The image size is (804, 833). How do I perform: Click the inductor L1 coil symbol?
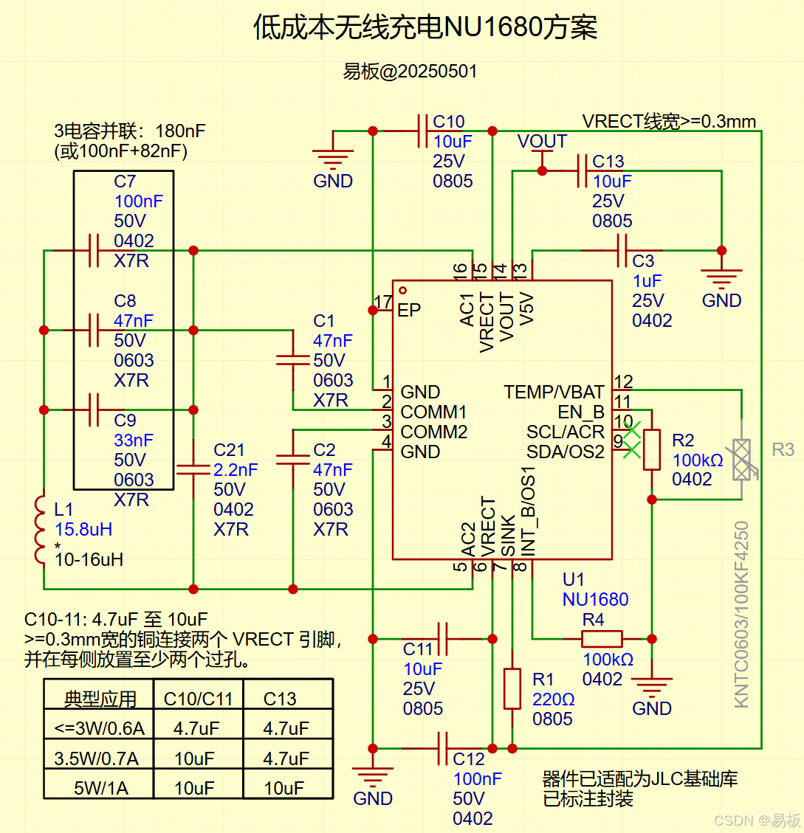pos(41,530)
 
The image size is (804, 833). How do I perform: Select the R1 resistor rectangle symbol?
pos(512,688)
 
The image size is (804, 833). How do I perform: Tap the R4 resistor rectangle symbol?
pos(602,639)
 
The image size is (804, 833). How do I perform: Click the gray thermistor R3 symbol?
pos(741,460)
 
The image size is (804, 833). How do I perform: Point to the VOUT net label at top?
pos(542,142)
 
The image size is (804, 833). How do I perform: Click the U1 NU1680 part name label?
pos(595,599)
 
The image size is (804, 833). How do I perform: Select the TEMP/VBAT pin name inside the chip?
pos(554,392)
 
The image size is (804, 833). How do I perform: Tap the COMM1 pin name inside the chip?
pos(433,412)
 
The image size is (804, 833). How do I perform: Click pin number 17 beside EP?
pos(383,303)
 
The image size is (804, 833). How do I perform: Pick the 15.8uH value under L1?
pos(83,529)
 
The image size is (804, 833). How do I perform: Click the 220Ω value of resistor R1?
pos(553,699)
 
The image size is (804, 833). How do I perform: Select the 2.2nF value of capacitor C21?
pos(236,469)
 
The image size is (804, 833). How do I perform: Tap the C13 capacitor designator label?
pos(608,162)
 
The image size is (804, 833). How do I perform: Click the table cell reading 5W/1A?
pos(100,787)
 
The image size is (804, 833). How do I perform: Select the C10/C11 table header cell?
pos(198,699)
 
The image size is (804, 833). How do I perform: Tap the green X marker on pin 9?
pos(631,449)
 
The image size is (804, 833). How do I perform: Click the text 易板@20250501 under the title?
pos(410,72)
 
